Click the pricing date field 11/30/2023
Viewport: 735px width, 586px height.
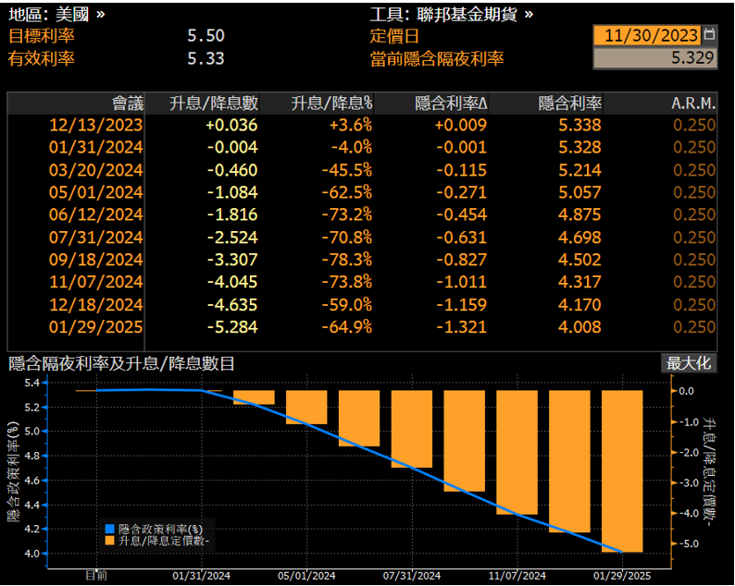(x=651, y=36)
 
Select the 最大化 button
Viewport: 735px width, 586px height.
(x=689, y=362)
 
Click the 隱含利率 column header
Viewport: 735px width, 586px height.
(x=569, y=103)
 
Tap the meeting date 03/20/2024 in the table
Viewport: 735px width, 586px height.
(x=96, y=170)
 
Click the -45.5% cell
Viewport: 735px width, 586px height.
(x=347, y=170)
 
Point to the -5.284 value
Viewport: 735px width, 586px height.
(x=231, y=326)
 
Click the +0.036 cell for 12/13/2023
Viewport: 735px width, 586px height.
(x=231, y=125)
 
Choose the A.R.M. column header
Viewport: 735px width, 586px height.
(x=692, y=103)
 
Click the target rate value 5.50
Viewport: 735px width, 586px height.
(x=206, y=36)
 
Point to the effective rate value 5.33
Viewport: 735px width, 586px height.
(x=206, y=58)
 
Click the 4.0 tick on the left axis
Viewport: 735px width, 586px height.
(x=31, y=554)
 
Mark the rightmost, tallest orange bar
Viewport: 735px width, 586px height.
(x=622, y=470)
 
